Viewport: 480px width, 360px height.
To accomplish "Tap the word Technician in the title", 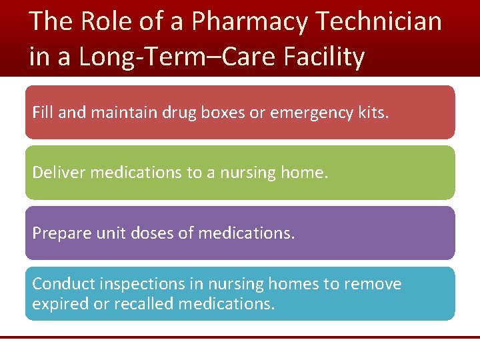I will pos(379,22).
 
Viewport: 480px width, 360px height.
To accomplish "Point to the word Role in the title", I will pos(107,22).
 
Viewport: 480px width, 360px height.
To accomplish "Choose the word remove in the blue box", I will pos(372,284).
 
